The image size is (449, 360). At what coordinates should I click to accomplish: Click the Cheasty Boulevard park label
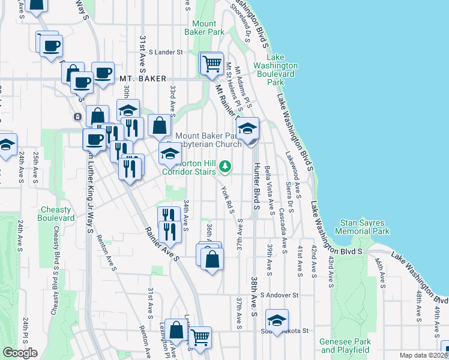click(58, 214)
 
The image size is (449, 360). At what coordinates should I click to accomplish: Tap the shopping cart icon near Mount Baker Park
click(211, 63)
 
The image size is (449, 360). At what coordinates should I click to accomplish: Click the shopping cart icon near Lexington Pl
click(200, 337)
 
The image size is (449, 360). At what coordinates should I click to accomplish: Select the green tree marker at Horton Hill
click(224, 166)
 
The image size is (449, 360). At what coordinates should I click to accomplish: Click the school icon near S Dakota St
click(277, 319)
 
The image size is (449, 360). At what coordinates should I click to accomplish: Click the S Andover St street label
click(279, 295)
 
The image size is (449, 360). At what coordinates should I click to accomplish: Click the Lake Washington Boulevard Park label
click(276, 74)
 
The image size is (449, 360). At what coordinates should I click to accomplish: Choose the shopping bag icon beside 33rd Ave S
click(159, 126)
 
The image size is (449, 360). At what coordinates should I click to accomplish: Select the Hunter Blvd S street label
click(255, 186)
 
